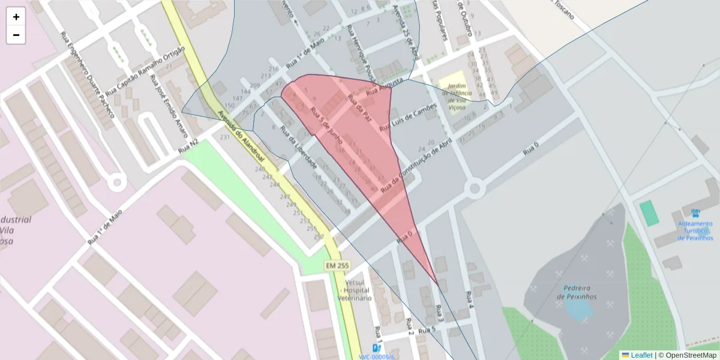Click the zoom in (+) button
[16, 17]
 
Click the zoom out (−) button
[16, 35]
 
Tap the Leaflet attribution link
[641, 355]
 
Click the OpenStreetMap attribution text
[687, 355]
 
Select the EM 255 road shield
[337, 265]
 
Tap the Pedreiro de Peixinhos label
[577, 292]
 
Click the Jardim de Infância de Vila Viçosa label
[457, 97]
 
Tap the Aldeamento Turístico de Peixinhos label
[695, 230]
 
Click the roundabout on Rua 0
[475, 190]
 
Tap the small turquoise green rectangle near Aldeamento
[649, 213]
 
